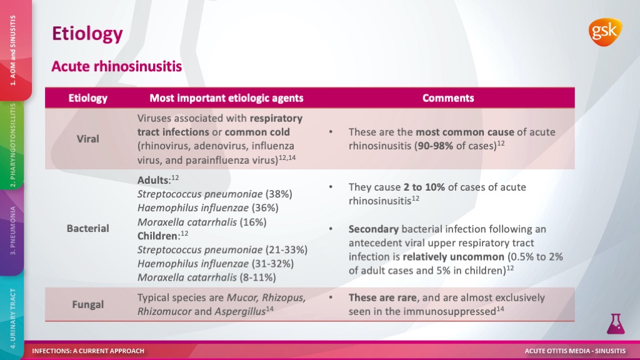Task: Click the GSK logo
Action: click(605, 32)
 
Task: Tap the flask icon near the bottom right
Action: click(616, 324)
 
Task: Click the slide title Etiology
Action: click(87, 34)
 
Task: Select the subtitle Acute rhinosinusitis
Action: click(117, 66)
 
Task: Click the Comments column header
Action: click(448, 98)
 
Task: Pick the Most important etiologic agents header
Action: click(226, 98)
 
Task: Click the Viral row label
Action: click(87, 139)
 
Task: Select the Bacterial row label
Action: click(87, 228)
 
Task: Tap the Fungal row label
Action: click(87, 304)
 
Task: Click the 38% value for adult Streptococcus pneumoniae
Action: click(279, 194)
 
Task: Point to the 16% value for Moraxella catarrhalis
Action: click(253, 222)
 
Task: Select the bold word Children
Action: click(157, 236)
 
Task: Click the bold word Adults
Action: click(152, 180)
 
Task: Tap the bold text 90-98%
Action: click(434, 146)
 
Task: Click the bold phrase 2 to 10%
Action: click(424, 187)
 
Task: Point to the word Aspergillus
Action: click(240, 311)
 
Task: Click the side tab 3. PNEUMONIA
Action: click(13, 231)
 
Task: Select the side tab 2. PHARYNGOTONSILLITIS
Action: click(13, 145)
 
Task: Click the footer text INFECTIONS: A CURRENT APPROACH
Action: click(88, 351)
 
